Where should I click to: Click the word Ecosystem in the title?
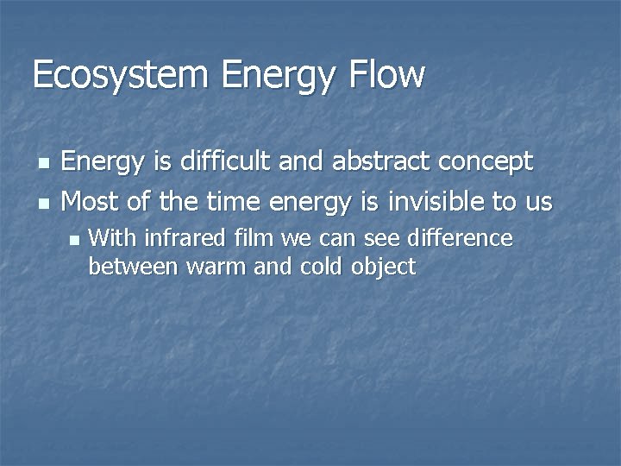tap(121, 76)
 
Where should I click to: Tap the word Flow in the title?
tap(387, 76)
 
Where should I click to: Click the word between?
tap(132, 267)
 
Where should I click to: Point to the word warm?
tap(216, 267)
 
